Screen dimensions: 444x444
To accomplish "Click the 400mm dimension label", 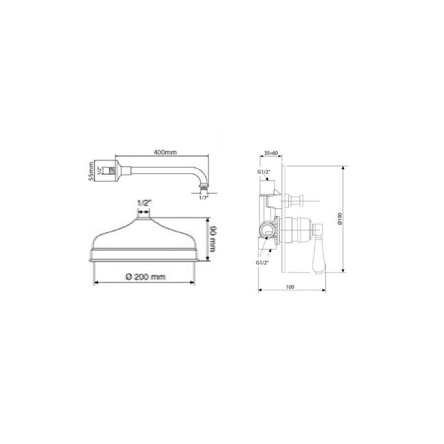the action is pyautogui.click(x=165, y=152).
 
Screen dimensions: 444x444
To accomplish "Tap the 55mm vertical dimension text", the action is pyautogui.click(x=91, y=171).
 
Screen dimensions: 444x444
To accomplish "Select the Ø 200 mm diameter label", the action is pyautogui.click(x=145, y=277).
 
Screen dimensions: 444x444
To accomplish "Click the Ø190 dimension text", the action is pyautogui.click(x=340, y=219).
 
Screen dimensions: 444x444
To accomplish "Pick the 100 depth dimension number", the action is pyautogui.click(x=290, y=287).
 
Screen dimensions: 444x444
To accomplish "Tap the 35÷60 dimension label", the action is pyautogui.click(x=271, y=153).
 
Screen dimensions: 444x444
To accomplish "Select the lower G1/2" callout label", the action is pyautogui.click(x=262, y=262).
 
